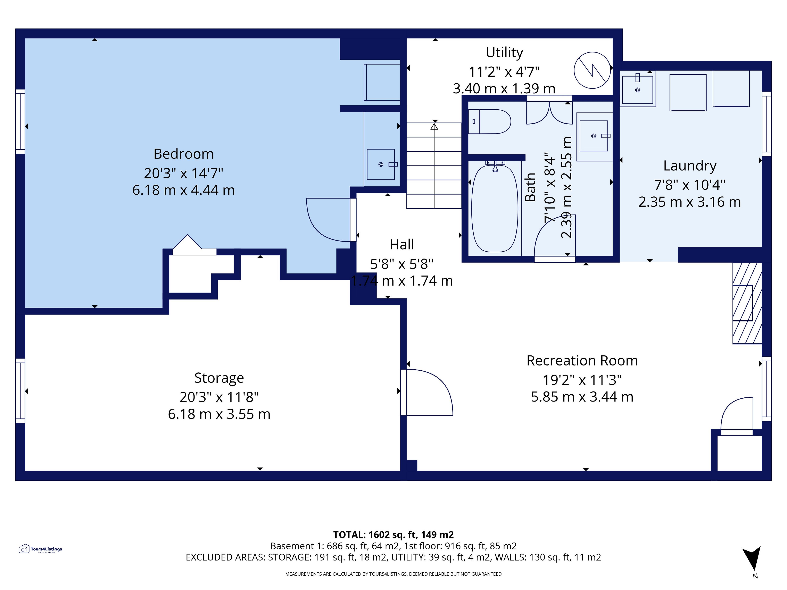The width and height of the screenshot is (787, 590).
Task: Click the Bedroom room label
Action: coord(184,154)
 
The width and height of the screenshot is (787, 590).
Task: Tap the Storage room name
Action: coord(219,378)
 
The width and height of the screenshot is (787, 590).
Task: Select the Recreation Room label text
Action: coord(582,361)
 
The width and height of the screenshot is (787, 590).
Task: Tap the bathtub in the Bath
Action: coord(495,208)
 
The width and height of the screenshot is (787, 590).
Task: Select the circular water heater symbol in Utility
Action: coord(592,70)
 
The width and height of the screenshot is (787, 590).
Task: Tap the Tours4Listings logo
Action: coord(40,549)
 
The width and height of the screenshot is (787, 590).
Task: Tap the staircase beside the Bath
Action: coord(434,165)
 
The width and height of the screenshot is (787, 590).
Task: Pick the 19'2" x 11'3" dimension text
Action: coord(582,380)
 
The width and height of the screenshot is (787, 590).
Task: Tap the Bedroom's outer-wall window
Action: coord(20,122)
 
